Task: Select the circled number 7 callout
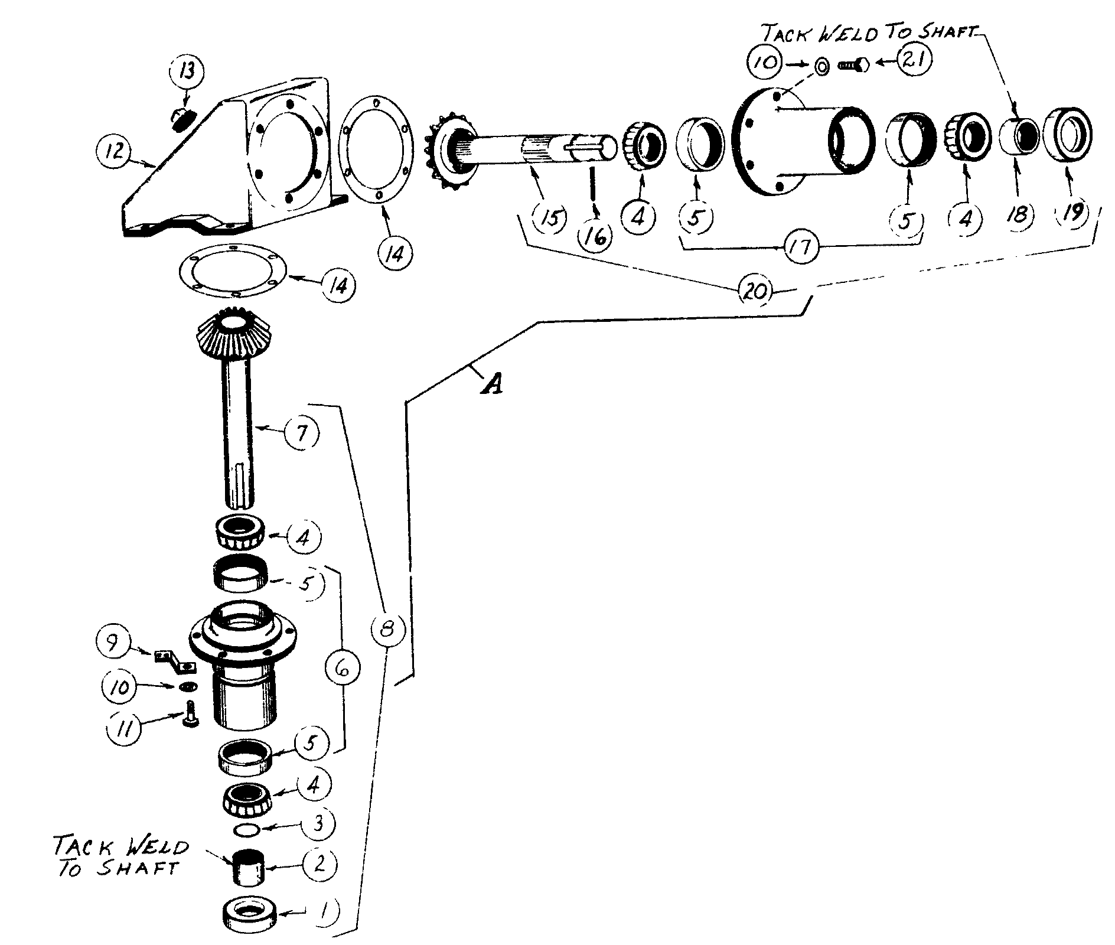point(301,434)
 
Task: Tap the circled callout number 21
point(914,61)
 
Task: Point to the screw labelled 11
point(191,715)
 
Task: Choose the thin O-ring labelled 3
point(246,830)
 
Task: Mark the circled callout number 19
point(1072,212)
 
